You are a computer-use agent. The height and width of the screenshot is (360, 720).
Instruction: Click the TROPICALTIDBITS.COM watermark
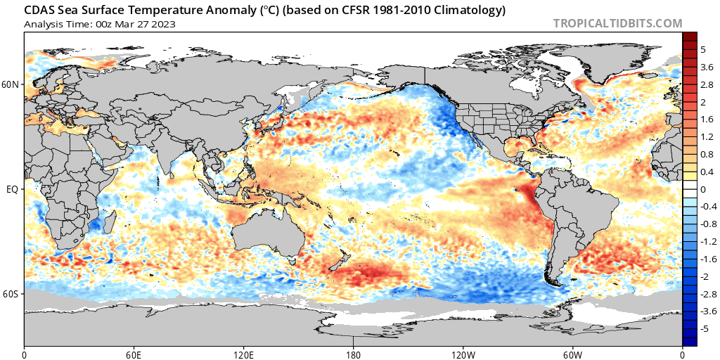click(x=617, y=23)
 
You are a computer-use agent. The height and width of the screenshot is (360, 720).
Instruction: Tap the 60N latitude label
click(x=11, y=85)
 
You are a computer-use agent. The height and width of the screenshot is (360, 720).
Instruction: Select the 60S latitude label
click(x=11, y=294)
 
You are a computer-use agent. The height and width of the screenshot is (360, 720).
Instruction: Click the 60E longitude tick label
click(x=134, y=353)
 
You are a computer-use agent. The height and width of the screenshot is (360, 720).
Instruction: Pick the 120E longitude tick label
click(x=243, y=353)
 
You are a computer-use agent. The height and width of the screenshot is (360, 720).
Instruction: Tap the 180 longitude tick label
click(x=354, y=353)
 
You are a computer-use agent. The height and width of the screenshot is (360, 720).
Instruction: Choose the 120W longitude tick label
click(x=463, y=353)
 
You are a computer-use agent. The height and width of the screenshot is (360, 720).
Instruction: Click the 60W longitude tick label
click(x=572, y=353)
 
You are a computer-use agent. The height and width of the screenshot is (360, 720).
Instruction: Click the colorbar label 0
click(x=703, y=189)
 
